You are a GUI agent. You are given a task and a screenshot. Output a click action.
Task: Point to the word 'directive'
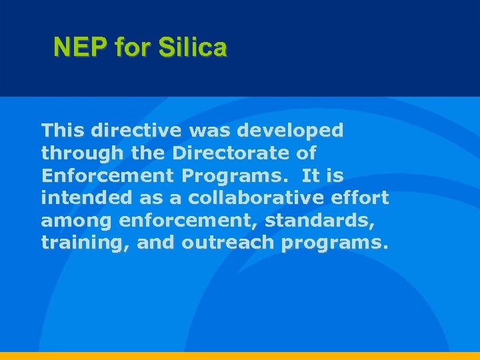tap(133, 130)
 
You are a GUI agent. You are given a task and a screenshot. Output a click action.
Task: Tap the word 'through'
tap(82, 154)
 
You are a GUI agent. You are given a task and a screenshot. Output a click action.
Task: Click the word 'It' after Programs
tap(311, 175)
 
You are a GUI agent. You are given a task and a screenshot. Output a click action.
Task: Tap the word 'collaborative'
tap(255, 198)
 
